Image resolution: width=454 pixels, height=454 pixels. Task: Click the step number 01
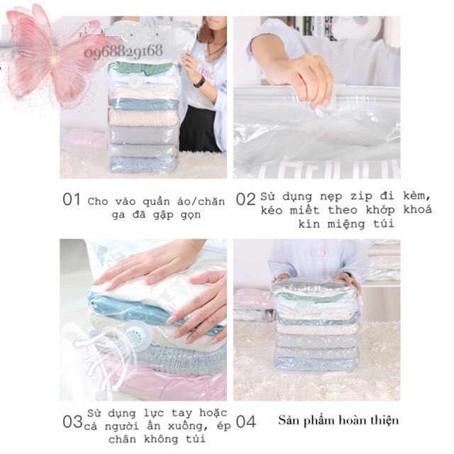(x=71, y=199)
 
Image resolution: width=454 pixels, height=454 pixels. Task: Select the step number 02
(x=245, y=199)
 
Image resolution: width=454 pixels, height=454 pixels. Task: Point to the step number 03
(x=72, y=421)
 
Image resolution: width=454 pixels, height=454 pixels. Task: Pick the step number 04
(x=245, y=421)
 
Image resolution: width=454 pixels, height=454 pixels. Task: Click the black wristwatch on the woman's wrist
(x=199, y=82)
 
